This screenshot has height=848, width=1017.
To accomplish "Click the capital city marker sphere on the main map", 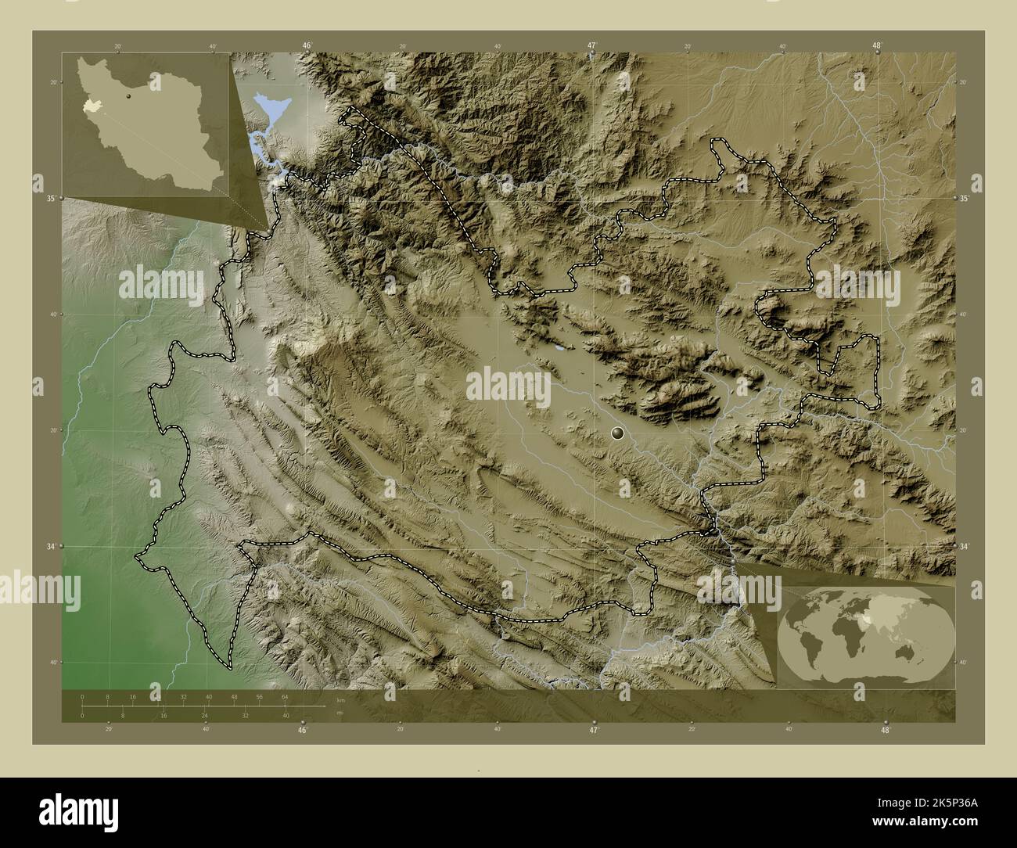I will [x=618, y=433].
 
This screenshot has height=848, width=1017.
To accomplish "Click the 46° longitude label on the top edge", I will [x=307, y=45].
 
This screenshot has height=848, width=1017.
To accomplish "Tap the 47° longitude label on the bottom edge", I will [x=594, y=730].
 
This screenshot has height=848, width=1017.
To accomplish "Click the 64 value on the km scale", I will [x=286, y=696].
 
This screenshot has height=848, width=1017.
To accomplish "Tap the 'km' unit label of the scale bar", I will [x=340, y=699].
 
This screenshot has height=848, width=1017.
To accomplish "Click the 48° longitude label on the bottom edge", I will [x=885, y=730].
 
